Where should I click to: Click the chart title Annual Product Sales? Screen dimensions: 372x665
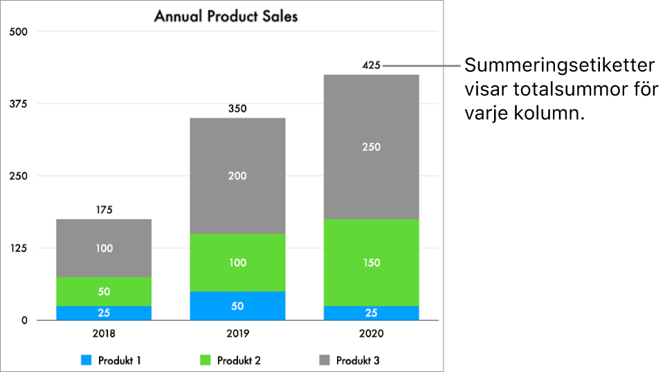coord(226,16)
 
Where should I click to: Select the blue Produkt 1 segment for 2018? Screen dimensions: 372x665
coord(104,313)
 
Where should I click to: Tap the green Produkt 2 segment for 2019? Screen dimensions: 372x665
coord(237,263)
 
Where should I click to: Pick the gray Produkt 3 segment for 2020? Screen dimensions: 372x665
coord(372,147)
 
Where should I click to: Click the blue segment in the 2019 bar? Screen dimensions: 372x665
coord(237,305)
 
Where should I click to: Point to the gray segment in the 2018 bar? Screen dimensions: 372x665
coord(104,248)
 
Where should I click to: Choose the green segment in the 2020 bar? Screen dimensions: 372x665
coord(372,263)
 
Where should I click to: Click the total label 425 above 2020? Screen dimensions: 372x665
coord(372,66)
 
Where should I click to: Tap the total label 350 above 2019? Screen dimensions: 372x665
coord(237,109)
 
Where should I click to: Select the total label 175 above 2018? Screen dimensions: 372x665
coord(104,210)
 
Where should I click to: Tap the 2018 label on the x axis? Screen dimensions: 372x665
coord(104,333)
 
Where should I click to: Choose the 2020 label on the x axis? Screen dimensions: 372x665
coord(372,333)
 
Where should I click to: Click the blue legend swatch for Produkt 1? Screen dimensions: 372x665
coord(86,360)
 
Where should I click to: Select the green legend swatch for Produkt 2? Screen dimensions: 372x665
coord(206,360)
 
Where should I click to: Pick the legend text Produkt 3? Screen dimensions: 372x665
coord(358,360)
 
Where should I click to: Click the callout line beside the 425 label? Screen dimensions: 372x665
coord(422,67)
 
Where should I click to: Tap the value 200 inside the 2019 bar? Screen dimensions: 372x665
coord(237,176)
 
